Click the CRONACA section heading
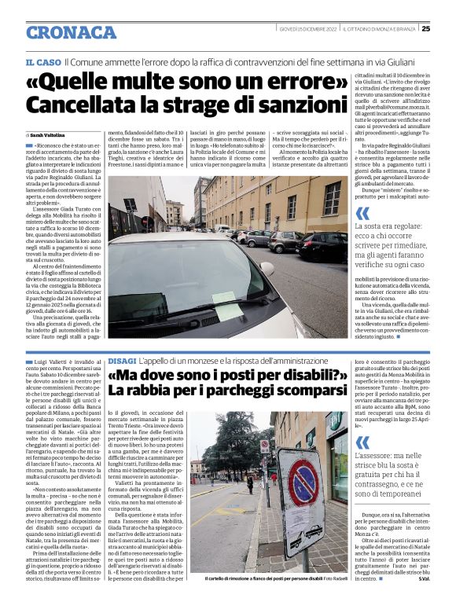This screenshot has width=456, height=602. click(71, 32)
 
